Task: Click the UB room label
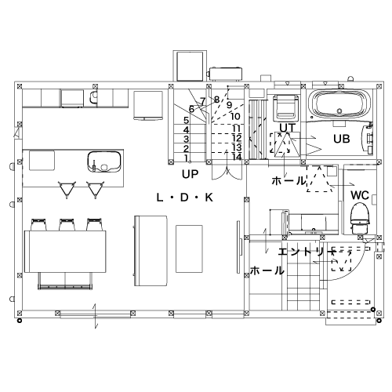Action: coord(341,139)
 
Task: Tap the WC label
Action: coord(360,195)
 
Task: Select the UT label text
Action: coord(288,128)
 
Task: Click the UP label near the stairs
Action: coord(190,174)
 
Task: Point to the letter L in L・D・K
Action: coord(159,198)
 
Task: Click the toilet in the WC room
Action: coord(360,219)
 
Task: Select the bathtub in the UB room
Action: coord(339,103)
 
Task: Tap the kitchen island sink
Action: coord(104,162)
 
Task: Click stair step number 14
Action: coord(237,157)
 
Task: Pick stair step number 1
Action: coord(186,158)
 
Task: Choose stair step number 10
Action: coord(235,116)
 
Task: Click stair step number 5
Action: coord(186,121)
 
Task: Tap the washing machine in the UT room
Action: coord(285,108)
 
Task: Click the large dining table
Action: coord(65,252)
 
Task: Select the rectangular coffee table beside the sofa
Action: coord(189,249)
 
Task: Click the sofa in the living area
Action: coord(151,251)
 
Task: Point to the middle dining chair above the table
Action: coord(67,225)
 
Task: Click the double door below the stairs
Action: coord(227,172)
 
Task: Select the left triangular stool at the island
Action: coord(67,190)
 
